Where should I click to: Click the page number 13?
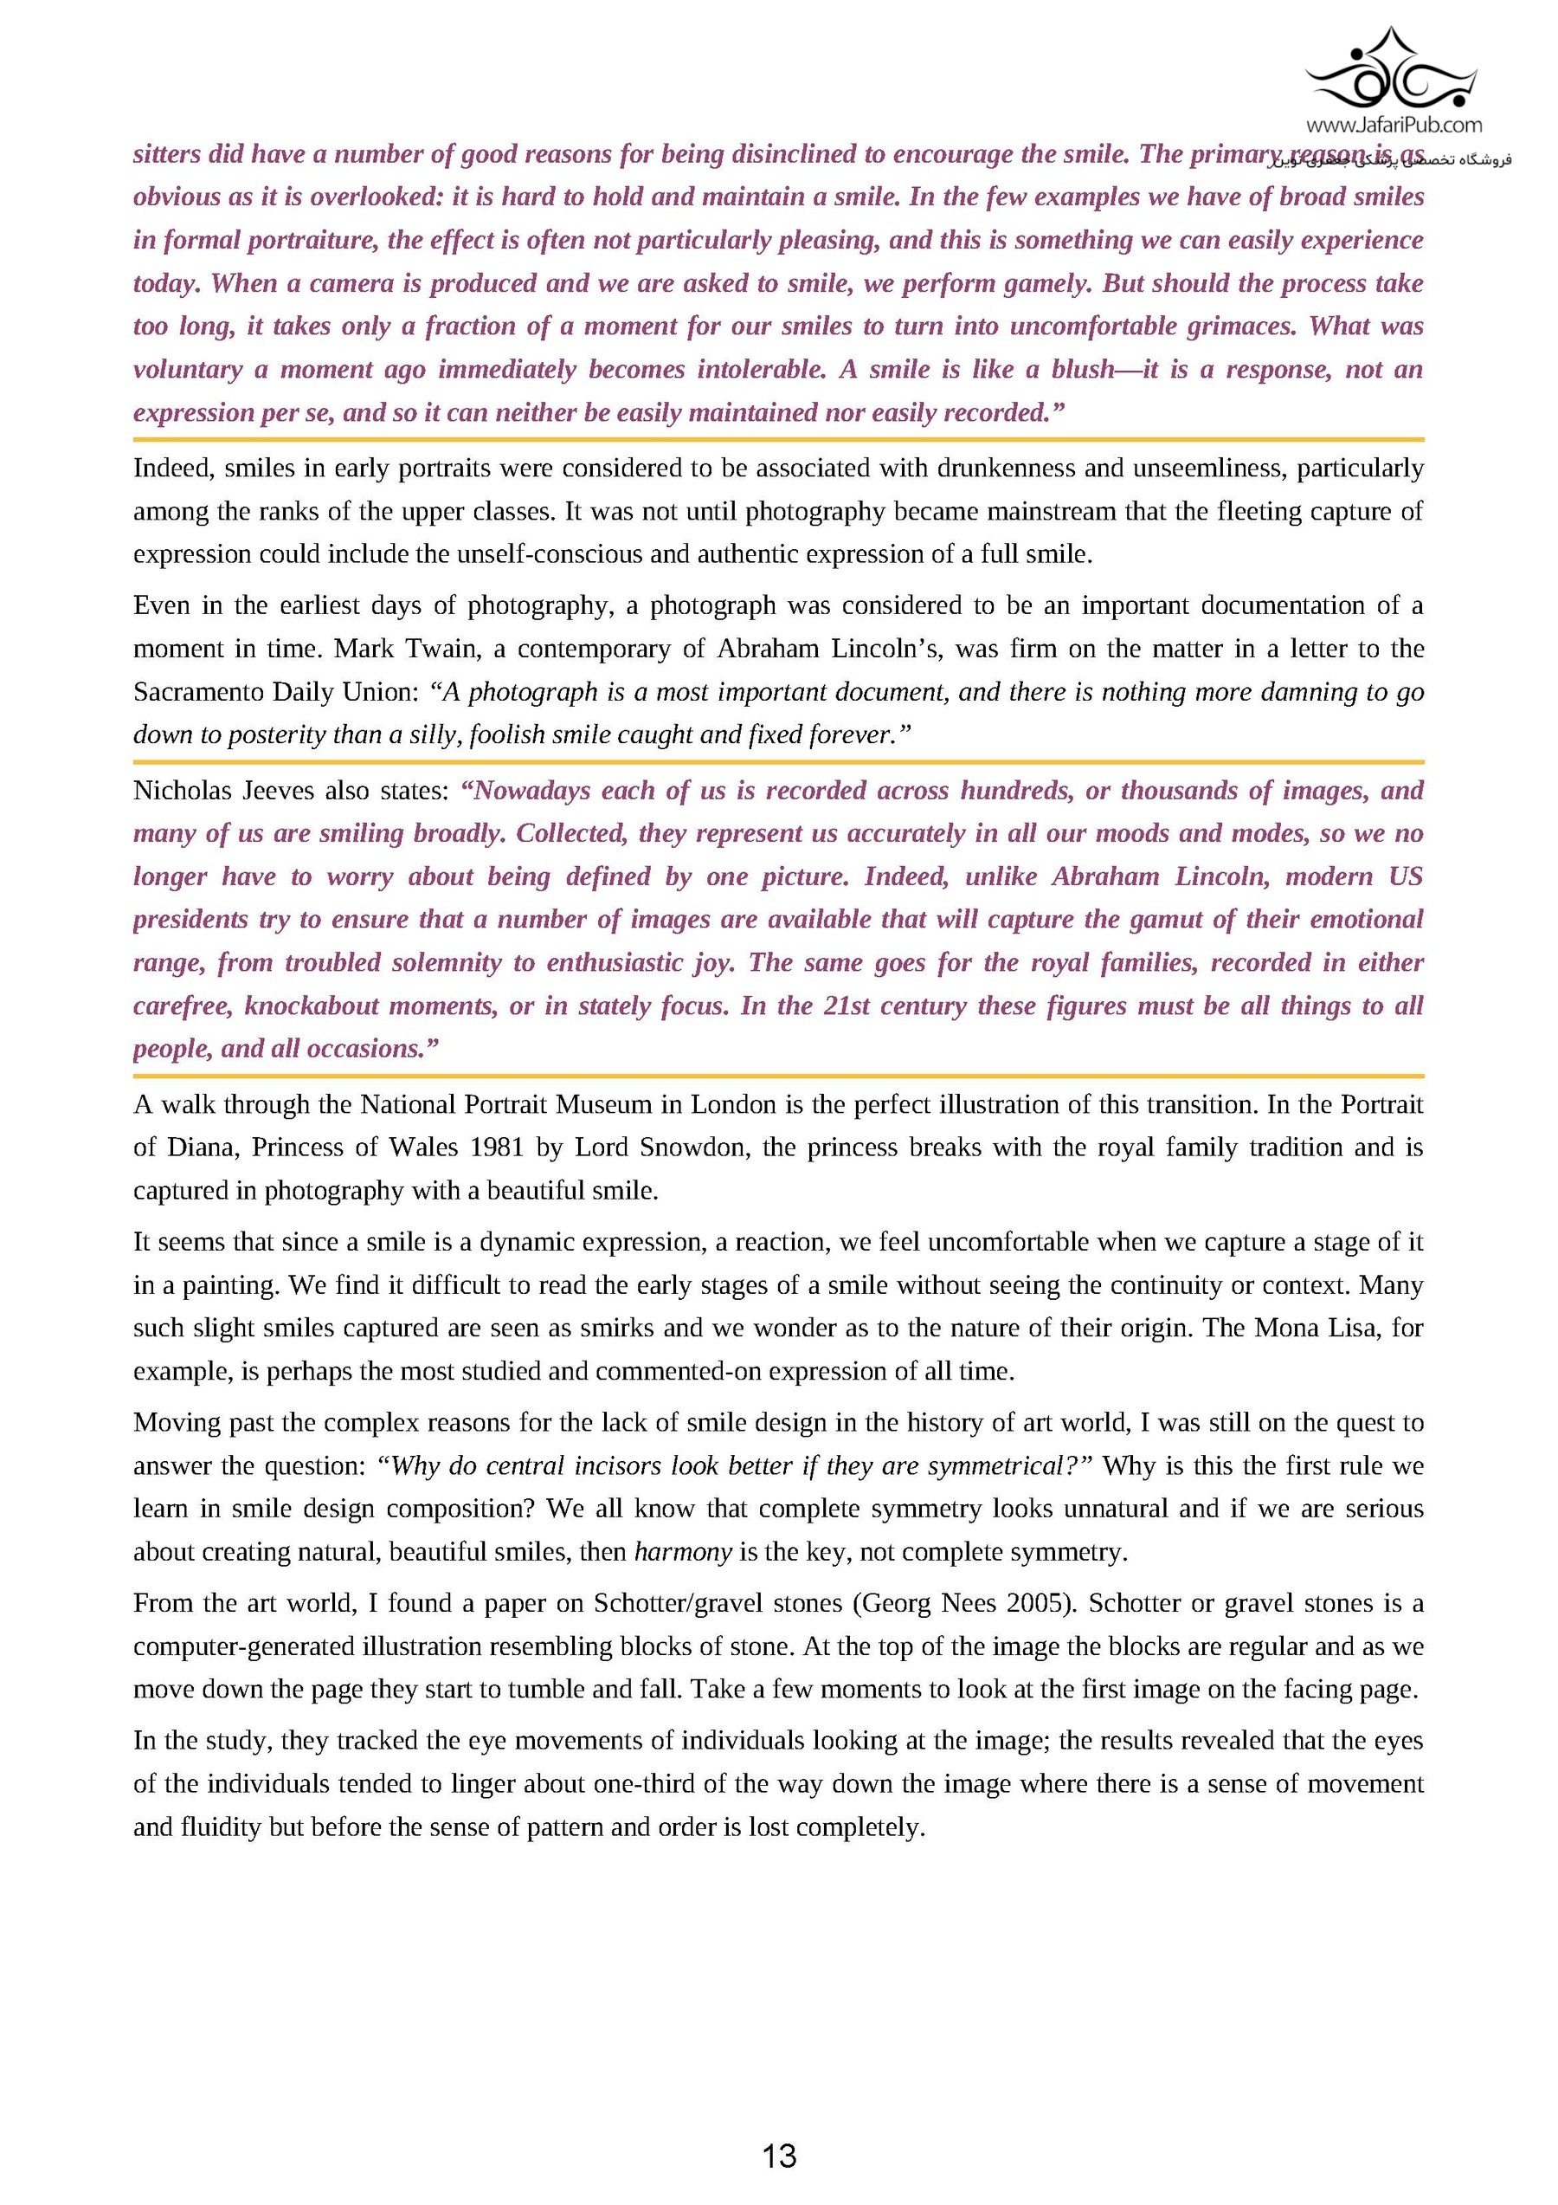point(778,2156)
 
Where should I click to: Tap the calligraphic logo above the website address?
point(1394,72)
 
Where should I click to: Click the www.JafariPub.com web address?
point(1394,125)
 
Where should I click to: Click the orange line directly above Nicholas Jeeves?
point(778,761)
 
